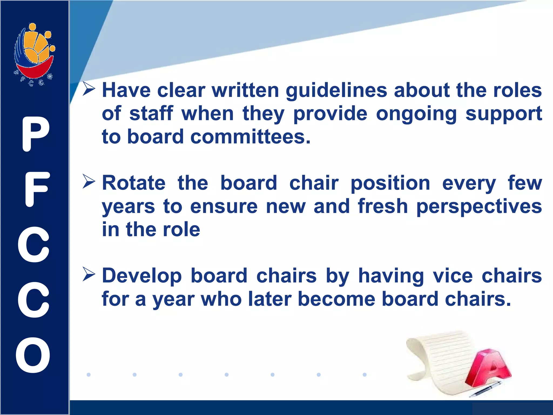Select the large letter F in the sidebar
(37, 189)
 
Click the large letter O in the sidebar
(33, 355)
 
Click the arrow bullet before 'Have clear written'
(89, 89)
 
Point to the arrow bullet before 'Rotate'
(89, 182)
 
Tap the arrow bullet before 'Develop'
(89, 274)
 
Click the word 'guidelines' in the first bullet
(336, 91)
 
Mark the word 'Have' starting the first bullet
(126, 90)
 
